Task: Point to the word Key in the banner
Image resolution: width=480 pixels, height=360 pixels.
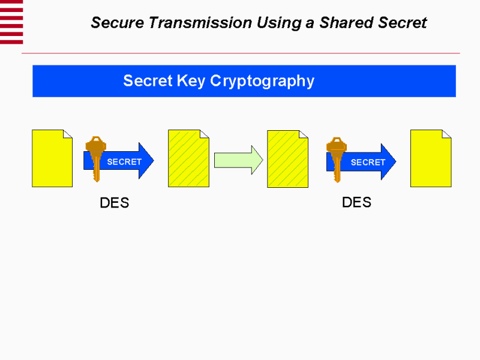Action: pyautogui.click(x=192, y=81)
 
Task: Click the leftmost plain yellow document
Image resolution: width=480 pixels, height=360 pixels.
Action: pyautogui.click(x=52, y=158)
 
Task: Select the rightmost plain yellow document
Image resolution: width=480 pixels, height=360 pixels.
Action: pyautogui.click(x=430, y=158)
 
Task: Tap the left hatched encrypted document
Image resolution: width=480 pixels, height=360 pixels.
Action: pyautogui.click(x=188, y=158)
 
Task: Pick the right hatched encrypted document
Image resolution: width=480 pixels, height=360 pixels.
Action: pyautogui.click(x=287, y=158)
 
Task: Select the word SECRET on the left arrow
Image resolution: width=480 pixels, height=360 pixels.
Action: pyautogui.click(x=124, y=162)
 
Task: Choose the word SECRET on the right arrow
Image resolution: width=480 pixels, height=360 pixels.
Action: pyautogui.click(x=368, y=162)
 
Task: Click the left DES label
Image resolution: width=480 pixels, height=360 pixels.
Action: pyautogui.click(x=114, y=203)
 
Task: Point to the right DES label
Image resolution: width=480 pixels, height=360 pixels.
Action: pyautogui.click(x=356, y=202)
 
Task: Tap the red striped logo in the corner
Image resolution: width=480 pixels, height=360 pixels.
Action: pyautogui.click(x=11, y=22)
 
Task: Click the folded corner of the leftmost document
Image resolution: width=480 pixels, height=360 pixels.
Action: pyautogui.click(x=68, y=133)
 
